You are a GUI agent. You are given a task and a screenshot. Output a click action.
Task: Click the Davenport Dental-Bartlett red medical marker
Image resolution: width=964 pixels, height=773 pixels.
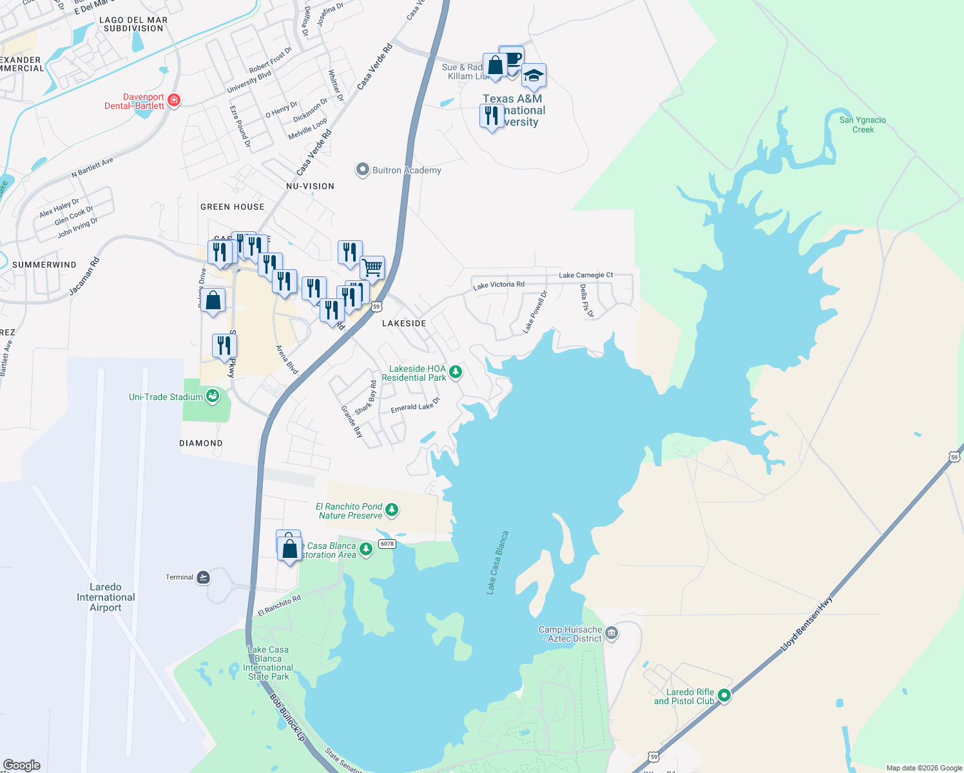pyautogui.click(x=173, y=100)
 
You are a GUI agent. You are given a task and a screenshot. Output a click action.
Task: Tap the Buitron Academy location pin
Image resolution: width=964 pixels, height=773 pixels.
pyautogui.click(x=362, y=170)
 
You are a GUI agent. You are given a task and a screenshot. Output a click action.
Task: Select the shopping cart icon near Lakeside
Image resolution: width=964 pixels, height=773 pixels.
pyautogui.click(x=372, y=267)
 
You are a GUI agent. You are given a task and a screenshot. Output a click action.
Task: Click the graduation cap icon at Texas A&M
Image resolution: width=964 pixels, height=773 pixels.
pyautogui.click(x=534, y=77)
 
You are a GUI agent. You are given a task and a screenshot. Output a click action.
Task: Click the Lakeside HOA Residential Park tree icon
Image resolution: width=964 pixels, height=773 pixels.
pyautogui.click(x=456, y=372)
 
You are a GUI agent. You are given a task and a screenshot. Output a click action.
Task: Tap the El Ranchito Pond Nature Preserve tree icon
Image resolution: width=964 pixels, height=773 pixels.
pyautogui.click(x=391, y=510)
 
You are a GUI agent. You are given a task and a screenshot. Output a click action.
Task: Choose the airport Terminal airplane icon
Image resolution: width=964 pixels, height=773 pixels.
pyautogui.click(x=203, y=577)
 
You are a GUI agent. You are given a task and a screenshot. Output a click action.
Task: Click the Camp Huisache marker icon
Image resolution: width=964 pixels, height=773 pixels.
pyautogui.click(x=612, y=633)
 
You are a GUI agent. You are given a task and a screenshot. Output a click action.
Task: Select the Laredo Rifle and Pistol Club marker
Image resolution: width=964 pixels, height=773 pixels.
pyautogui.click(x=724, y=696)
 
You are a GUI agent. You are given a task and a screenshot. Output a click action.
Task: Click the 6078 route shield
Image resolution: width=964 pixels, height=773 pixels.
pyautogui.click(x=387, y=544)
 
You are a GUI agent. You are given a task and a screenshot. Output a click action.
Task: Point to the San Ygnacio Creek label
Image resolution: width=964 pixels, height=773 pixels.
pyautogui.click(x=862, y=125)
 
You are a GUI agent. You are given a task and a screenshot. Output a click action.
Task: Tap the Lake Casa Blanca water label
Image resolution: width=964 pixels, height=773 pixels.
pyautogui.click(x=497, y=562)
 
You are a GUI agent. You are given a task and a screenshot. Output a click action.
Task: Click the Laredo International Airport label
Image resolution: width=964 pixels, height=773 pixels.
pyautogui.click(x=106, y=597)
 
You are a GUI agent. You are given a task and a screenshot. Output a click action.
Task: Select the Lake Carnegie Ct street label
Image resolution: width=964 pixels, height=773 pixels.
pyautogui.click(x=586, y=275)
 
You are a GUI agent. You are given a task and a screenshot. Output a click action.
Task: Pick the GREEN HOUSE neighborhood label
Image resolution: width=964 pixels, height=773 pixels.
pyautogui.click(x=232, y=207)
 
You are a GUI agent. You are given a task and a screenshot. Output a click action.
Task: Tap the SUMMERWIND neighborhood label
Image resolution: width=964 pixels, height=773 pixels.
pyautogui.click(x=44, y=265)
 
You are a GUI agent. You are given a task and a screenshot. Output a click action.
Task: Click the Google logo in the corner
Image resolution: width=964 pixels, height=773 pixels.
pyautogui.click(x=22, y=765)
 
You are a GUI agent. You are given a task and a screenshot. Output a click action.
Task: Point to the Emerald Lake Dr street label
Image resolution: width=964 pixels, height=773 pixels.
pyautogui.click(x=415, y=406)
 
